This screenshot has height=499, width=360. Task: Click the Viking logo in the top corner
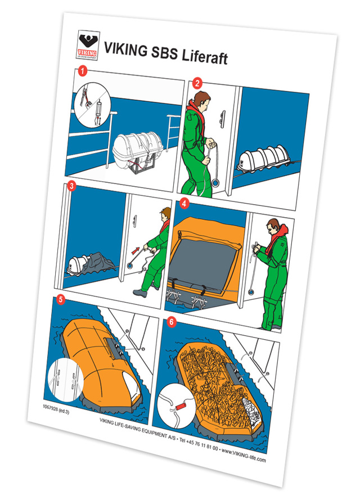[x=87, y=43]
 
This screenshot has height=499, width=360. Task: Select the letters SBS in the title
[x=163, y=52]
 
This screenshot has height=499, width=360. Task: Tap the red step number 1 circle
[x=83, y=72]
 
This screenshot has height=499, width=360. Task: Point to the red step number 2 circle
[x=197, y=83]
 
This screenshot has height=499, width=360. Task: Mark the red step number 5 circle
[x=61, y=300]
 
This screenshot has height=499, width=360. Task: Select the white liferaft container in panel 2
[x=264, y=158]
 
